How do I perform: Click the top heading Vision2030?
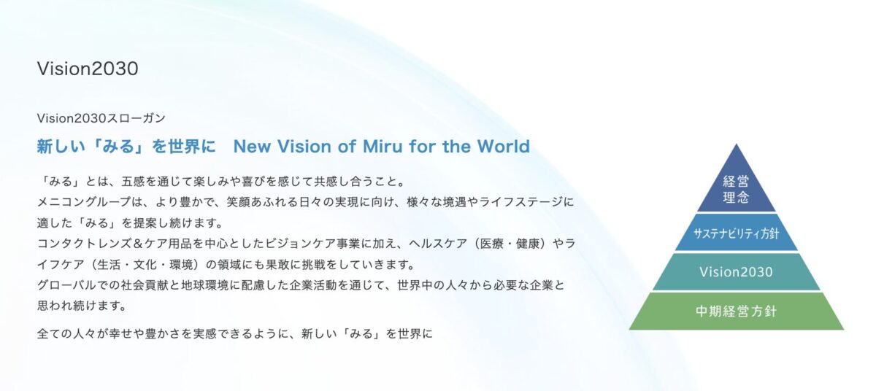coord(88,69)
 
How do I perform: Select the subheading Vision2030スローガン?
coord(101,118)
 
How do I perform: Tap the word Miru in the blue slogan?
coord(383,147)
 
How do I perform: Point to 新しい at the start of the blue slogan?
coord(61,147)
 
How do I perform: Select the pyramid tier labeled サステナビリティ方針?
coord(736,233)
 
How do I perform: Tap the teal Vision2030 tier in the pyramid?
coord(736,272)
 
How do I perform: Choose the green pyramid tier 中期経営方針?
coord(736,311)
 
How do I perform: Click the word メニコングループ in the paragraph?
coord(85,202)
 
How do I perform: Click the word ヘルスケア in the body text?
coord(438,244)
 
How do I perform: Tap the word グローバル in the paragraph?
coord(66,285)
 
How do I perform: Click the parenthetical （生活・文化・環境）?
coord(144,265)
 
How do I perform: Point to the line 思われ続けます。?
coord(82,306)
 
